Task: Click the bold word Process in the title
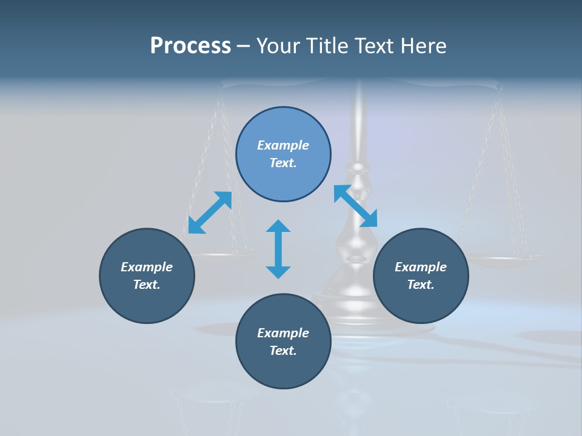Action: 190,46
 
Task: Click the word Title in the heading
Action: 328,46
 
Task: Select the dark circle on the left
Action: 147,276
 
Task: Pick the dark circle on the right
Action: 421,276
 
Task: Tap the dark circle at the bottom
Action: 283,342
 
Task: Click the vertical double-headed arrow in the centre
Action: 278,249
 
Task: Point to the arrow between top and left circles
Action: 210,213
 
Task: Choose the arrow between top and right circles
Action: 356,206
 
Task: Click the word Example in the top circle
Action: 283,145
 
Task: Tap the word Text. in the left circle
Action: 147,285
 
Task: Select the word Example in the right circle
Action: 421,267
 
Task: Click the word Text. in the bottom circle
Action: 283,351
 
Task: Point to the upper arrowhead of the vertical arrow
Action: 278,228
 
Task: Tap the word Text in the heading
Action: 378,46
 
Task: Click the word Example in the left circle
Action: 147,267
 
